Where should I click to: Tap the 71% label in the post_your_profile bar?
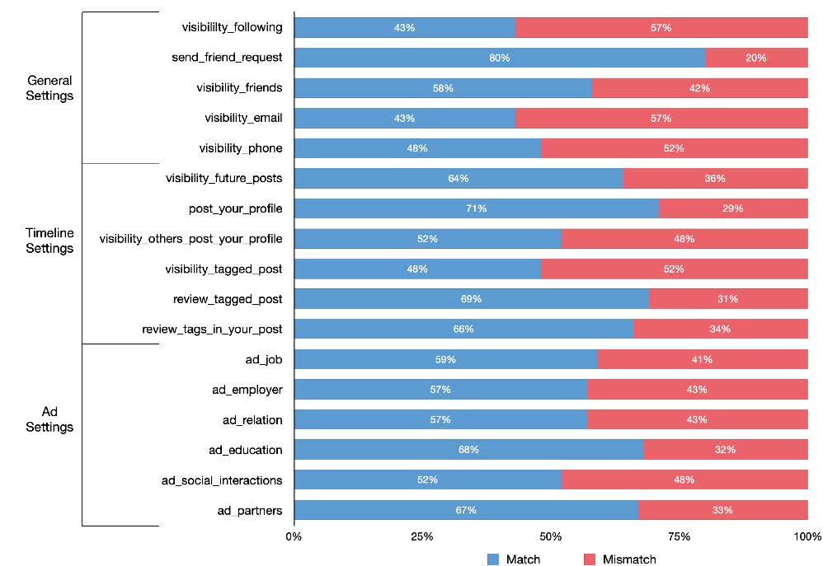(476, 208)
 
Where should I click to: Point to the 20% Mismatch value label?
(756, 58)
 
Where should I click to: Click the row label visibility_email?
(243, 118)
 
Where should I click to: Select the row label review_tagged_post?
(223, 299)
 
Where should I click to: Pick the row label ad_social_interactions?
(223, 480)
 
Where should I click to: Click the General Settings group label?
(49, 88)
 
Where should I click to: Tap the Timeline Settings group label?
(49, 240)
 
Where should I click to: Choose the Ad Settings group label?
(49, 419)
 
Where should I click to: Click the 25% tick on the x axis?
(422, 537)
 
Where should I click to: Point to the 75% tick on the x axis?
(680, 537)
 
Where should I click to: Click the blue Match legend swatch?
(493, 559)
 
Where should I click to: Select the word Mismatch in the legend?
(629, 559)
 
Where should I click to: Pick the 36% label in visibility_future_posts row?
(715, 179)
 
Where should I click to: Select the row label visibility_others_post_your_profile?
(190, 239)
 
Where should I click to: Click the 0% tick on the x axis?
(294, 537)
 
